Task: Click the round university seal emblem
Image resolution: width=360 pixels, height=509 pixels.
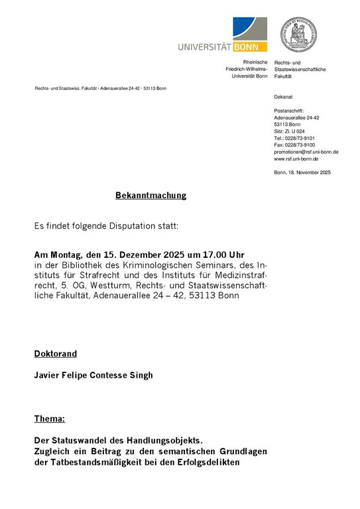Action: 298,34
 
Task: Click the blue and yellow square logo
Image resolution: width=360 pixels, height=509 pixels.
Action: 249,34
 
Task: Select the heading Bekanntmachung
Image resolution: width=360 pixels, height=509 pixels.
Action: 151,196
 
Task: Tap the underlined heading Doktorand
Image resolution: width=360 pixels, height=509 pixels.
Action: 56,354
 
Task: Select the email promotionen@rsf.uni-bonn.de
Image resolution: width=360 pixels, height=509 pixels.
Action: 306,152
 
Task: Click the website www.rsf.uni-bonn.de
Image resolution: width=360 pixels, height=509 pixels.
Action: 296,159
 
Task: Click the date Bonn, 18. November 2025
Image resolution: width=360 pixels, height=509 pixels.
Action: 302,172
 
